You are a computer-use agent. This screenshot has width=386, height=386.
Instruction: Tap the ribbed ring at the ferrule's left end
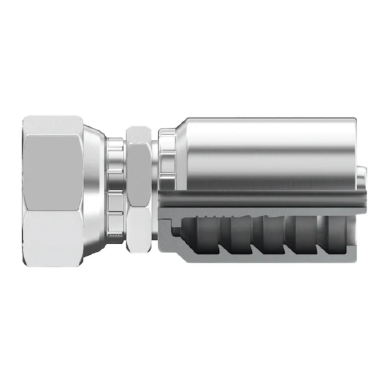click(167, 154)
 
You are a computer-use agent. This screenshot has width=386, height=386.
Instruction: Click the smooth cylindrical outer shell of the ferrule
click(265, 149)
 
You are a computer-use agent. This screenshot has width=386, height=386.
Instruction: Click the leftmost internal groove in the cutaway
click(207, 229)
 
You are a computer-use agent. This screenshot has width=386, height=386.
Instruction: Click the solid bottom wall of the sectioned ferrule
click(265, 255)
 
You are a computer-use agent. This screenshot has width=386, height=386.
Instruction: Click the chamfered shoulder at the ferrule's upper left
click(185, 122)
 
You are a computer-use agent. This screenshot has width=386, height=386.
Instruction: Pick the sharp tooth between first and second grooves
click(223, 243)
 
